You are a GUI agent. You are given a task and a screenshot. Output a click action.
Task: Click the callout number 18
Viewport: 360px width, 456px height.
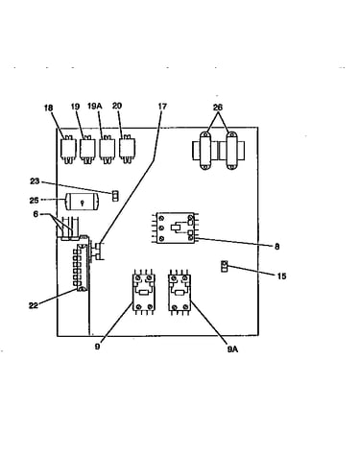point(48,108)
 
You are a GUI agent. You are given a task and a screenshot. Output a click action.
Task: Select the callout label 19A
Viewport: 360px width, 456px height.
point(94,106)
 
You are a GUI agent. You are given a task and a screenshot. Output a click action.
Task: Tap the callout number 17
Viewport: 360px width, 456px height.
point(162,107)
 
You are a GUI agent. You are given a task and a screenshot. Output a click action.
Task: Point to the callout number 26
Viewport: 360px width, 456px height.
point(218,108)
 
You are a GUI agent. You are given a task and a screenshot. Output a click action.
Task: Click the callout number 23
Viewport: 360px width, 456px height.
point(35,181)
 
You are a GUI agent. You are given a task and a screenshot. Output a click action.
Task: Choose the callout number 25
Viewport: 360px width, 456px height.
point(34,201)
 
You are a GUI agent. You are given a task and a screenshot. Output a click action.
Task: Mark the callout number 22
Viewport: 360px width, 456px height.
point(34,305)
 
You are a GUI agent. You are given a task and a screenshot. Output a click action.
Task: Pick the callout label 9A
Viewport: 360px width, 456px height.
point(232,349)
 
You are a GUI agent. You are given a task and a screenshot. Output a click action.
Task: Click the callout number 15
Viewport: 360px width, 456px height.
point(281,276)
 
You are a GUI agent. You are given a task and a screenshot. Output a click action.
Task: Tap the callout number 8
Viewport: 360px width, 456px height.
point(276,246)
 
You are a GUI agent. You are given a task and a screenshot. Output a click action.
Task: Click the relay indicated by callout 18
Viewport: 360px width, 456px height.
point(68,150)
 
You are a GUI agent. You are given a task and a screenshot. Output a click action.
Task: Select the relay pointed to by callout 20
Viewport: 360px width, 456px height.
point(128,149)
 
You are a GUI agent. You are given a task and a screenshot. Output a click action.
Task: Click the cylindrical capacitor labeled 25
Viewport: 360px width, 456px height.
point(83,202)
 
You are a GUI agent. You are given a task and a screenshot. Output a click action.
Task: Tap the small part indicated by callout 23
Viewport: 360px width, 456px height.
point(115,196)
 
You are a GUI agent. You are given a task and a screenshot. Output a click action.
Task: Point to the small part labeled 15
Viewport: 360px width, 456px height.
point(225,266)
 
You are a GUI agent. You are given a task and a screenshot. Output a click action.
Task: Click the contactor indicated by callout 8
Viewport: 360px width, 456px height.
point(176,228)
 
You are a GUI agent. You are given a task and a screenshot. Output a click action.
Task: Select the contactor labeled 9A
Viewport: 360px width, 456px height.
point(180,292)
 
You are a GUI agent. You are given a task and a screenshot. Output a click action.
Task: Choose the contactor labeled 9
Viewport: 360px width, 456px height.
point(144,292)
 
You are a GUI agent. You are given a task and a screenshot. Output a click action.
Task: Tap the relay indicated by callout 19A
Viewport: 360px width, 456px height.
point(108,150)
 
